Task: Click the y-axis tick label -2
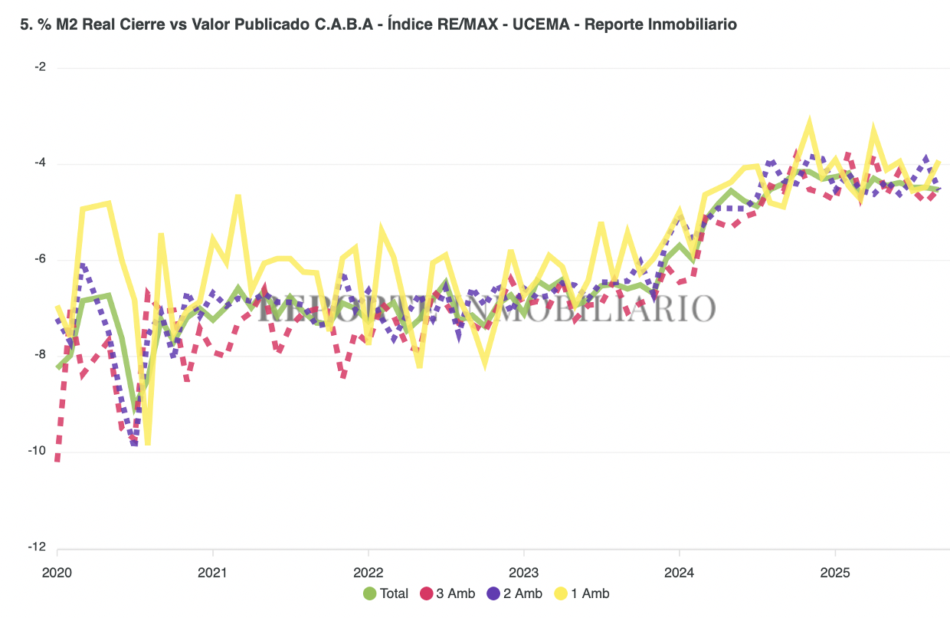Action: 40,67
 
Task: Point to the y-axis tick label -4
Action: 40,163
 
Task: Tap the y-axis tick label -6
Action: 40,259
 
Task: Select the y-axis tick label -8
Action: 40,355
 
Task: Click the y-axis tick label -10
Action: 38,451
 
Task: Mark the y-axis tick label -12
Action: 38,547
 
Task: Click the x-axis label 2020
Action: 57,571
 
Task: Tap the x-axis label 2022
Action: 368,571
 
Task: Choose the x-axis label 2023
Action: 523,571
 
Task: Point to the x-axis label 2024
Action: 679,571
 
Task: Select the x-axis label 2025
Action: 834,571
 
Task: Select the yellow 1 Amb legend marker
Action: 561,593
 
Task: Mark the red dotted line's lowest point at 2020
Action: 57,459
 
